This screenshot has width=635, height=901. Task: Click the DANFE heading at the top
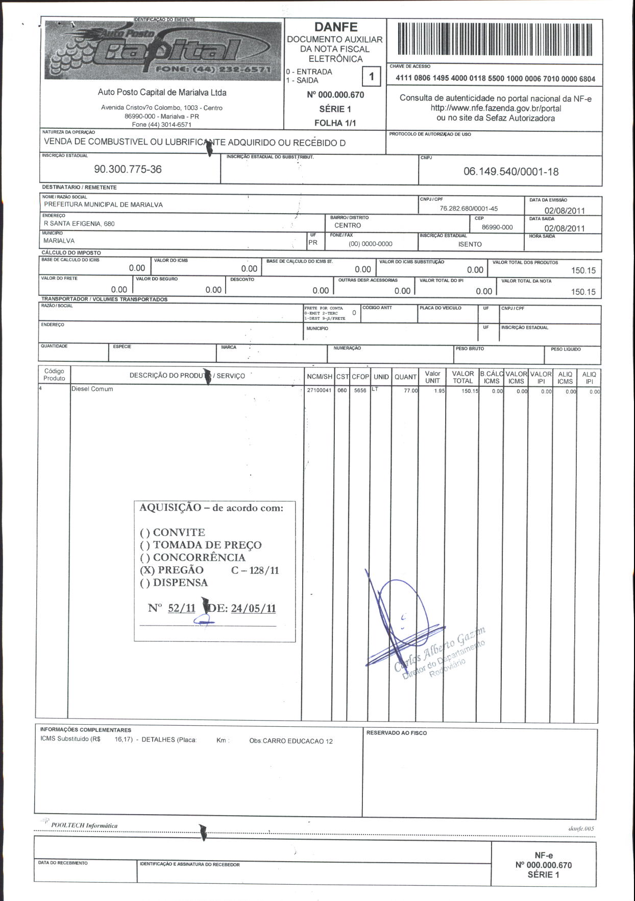335,27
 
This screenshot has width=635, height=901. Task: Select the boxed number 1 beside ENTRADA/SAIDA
371,77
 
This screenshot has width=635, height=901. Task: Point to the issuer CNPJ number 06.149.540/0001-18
510,172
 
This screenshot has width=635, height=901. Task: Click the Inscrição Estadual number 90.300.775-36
128,169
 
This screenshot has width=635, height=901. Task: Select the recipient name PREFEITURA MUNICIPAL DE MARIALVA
103,205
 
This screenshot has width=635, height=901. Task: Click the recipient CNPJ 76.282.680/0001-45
468,209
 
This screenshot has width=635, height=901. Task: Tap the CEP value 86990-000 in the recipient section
497,227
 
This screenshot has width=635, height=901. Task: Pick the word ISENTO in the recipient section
470,244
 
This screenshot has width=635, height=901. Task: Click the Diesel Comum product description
92,389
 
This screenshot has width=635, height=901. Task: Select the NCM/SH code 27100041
319,391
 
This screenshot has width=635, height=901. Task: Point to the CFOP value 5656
360,391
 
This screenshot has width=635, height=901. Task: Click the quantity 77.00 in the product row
410,391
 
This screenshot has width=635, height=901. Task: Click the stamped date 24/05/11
253,608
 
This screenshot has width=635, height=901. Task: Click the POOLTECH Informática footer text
84,825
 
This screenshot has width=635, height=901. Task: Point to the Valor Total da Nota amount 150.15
583,292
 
